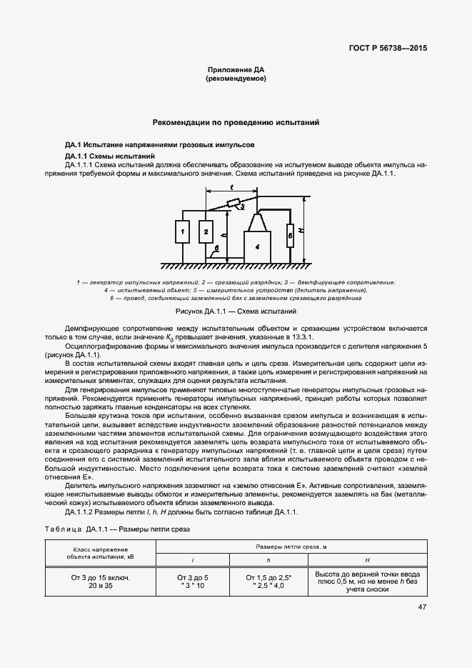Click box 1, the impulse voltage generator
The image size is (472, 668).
182,232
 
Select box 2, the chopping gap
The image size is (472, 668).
205,232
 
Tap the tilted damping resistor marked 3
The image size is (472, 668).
234,204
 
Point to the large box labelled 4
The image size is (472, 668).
257,245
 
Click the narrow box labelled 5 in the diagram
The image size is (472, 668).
290,234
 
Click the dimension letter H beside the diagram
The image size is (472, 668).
301,231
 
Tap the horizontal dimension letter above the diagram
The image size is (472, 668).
231,186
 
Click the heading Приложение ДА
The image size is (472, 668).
236,70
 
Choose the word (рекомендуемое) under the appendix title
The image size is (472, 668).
236,79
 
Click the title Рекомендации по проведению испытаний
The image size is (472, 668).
236,123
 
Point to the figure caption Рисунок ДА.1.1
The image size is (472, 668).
236,311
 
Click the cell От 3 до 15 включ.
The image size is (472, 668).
100,576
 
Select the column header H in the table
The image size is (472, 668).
366,559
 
